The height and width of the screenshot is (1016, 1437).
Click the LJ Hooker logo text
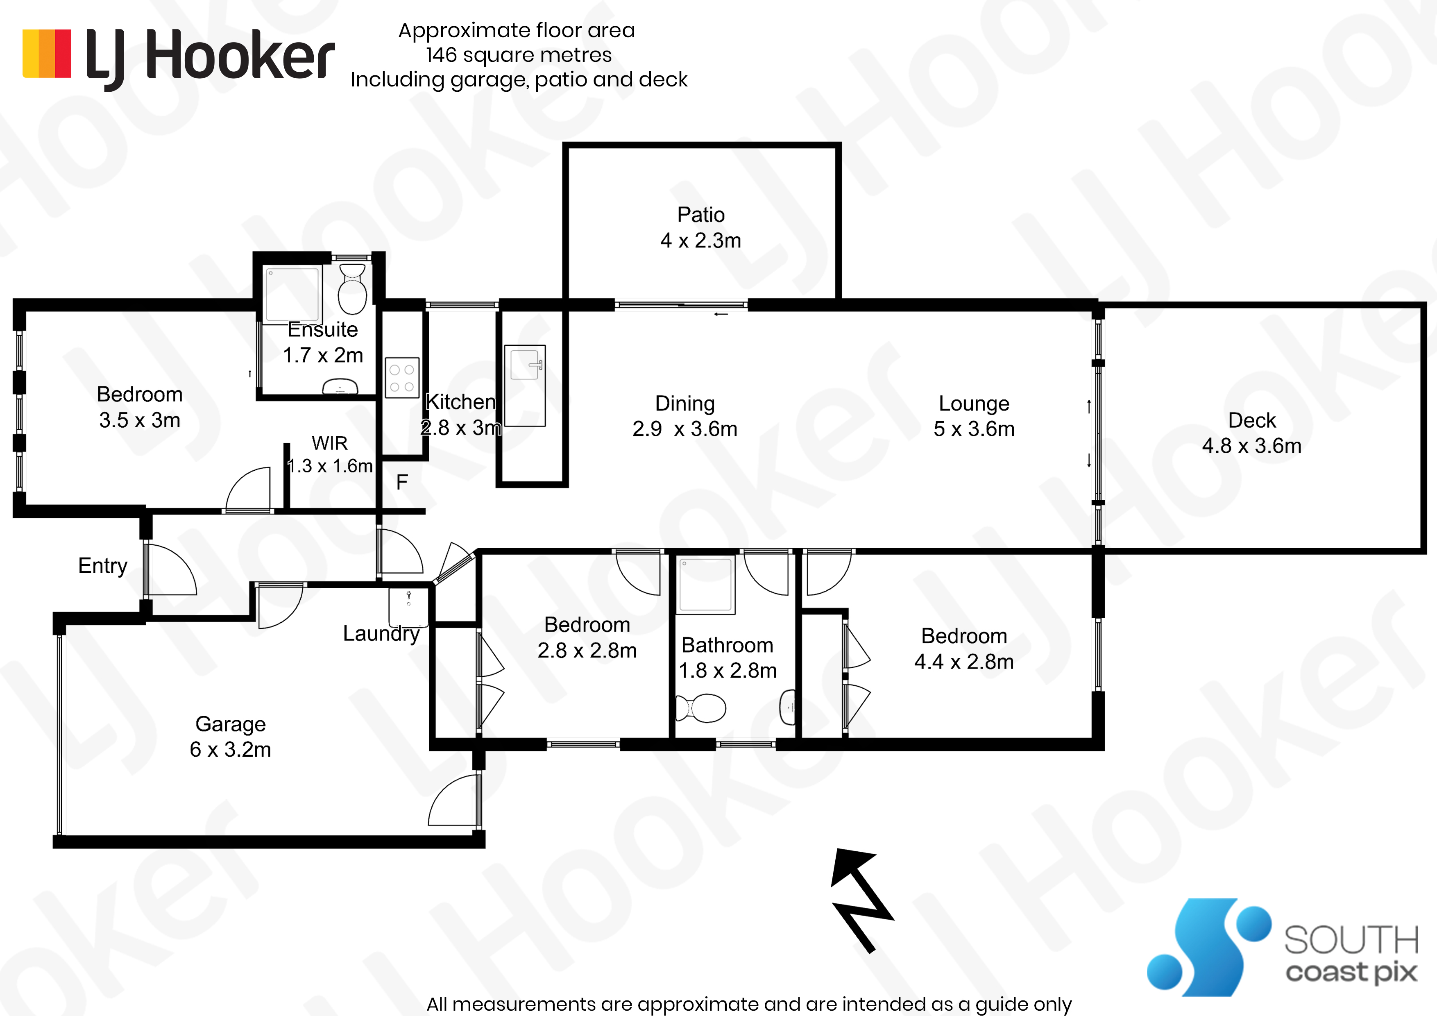tap(210, 58)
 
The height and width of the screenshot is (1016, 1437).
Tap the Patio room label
tap(700, 215)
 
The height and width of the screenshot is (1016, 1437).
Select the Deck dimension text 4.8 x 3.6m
tap(1252, 446)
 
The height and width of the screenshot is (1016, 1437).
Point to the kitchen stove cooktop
tap(402, 378)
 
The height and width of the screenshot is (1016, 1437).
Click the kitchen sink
tap(525, 363)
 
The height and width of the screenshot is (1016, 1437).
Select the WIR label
tap(329, 443)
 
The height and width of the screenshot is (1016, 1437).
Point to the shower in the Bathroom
tap(706, 585)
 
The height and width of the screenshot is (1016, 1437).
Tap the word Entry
tap(103, 566)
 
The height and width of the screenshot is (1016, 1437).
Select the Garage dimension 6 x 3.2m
tap(230, 749)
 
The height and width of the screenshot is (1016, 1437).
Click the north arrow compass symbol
tap(862, 900)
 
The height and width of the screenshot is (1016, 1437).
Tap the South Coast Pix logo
tap(1282, 947)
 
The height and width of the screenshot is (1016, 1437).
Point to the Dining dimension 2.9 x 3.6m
tap(685, 429)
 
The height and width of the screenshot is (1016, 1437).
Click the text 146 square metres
tap(519, 55)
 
